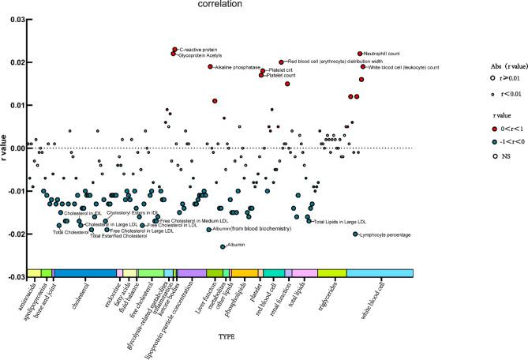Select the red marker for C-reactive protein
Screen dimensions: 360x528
tap(174, 50)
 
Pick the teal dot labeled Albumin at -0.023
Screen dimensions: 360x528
tap(223, 246)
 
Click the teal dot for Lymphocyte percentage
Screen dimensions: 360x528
tap(355, 234)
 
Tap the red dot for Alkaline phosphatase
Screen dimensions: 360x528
tap(210, 67)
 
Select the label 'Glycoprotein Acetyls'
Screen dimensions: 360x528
tap(202, 56)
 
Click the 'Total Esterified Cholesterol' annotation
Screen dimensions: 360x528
tap(118, 236)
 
